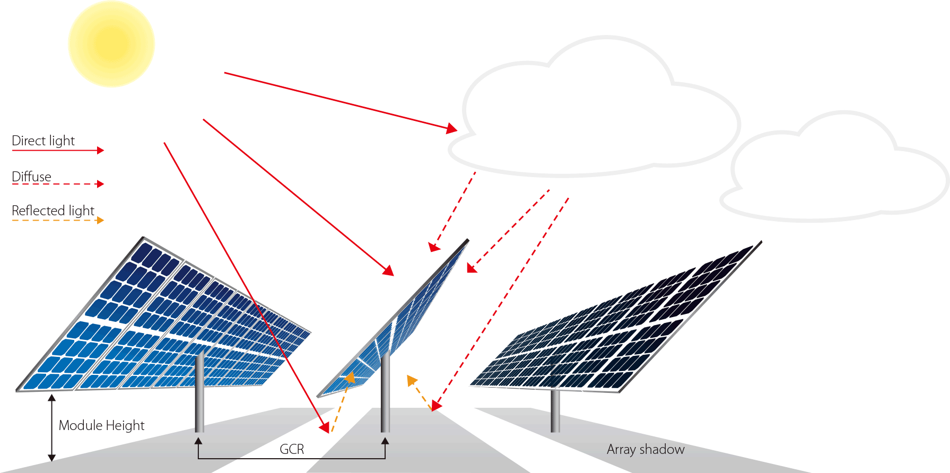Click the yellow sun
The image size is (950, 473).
pos(111,44)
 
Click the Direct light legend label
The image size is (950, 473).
pos(43,141)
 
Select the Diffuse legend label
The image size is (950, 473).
pos(31,177)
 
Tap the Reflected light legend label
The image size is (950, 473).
pos(53,211)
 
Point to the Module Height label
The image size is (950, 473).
pos(101,425)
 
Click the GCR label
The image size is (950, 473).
pos(292,449)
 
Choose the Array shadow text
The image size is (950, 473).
pos(646,450)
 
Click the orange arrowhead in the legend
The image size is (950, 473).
pos(100,220)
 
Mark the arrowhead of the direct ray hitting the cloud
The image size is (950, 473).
pos(452,128)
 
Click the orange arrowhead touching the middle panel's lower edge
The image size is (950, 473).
pos(350,378)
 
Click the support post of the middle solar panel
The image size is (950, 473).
pos(386,392)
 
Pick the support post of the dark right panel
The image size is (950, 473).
pos(555,411)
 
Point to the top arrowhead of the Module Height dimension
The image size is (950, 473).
pos(51,398)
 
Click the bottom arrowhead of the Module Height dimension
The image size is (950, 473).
pos(51,458)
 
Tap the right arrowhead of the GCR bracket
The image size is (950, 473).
pos(385,441)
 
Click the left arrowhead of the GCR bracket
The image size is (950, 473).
pos(198,441)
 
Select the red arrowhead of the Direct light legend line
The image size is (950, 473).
pos(100,151)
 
